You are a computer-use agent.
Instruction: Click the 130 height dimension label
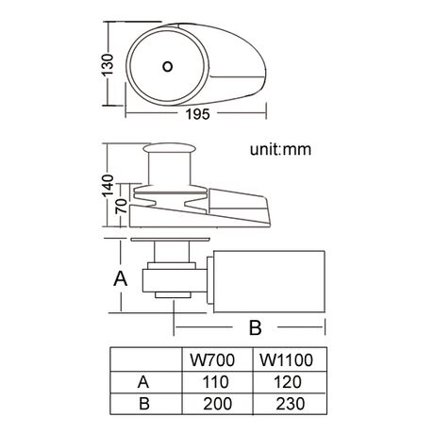tap(108, 65)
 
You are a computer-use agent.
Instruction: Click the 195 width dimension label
tap(197, 114)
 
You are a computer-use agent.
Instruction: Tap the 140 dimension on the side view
tap(108, 185)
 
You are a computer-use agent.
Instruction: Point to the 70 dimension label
tap(122, 206)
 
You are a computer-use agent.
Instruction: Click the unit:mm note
tap(280, 149)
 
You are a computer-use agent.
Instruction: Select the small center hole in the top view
tap(167, 66)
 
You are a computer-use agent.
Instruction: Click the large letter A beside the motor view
tap(121, 278)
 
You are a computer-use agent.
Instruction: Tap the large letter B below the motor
tap(255, 327)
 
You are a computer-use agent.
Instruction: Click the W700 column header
tap(212, 360)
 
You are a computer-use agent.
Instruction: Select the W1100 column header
tap(286, 360)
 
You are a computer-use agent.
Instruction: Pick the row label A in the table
tap(143, 382)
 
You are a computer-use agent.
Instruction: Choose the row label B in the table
tap(144, 404)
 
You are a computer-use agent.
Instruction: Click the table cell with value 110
tap(215, 382)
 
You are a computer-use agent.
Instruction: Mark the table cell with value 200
tap(217, 404)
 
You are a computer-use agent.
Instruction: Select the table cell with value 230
tap(290, 404)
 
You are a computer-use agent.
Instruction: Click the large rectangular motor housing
tap(269, 282)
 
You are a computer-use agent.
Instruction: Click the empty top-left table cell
tap(146, 359)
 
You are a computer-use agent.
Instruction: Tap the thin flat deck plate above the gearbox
tap(171, 240)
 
